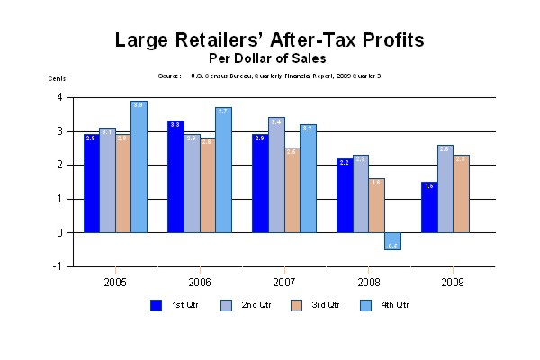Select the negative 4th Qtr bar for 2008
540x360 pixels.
pos(392,241)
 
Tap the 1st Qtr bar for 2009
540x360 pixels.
pos(429,207)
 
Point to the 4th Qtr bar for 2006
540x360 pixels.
pos(223,170)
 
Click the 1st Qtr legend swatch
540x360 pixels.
pos(156,305)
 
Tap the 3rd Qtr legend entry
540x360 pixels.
pos(314,305)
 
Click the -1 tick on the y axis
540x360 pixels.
pos(58,266)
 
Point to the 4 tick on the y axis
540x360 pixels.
pos(59,97)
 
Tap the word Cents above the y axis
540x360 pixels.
pos(57,78)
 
